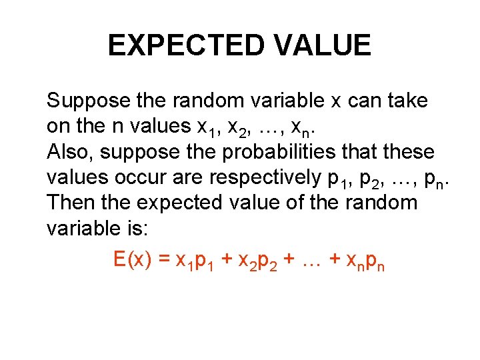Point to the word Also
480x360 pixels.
70,153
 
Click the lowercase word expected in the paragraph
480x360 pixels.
169,203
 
